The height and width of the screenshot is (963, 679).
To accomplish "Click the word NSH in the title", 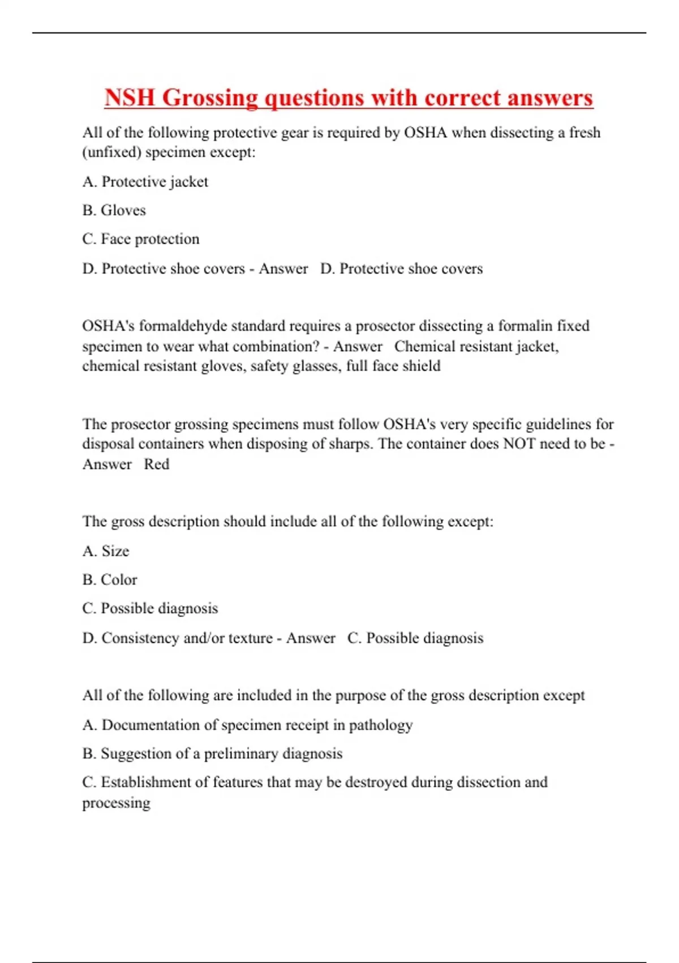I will point(130,97).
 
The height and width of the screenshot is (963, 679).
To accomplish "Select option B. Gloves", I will point(114,210).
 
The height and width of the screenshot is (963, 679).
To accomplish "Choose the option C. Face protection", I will point(140,239).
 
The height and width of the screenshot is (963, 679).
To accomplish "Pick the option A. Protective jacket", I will point(145,182).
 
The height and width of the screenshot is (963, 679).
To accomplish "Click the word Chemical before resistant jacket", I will point(423,346).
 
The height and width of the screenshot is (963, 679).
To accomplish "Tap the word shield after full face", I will point(422,366).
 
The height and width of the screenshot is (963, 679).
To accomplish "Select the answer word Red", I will point(156,464).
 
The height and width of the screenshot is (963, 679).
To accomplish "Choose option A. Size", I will point(106,551).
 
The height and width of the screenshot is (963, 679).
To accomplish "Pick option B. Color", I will point(110,579).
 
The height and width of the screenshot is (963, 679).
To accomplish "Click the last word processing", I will point(116,803).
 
